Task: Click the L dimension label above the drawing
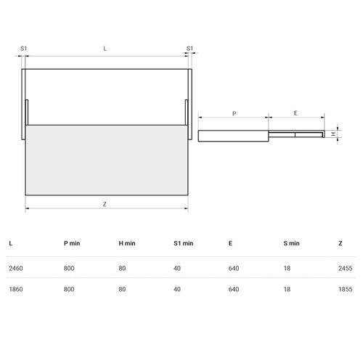click(105, 49)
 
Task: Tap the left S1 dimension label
click(23, 49)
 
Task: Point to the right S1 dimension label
click(189, 49)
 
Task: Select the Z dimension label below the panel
click(105, 204)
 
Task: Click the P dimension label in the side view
click(234, 113)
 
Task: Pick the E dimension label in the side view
click(295, 113)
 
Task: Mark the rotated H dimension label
click(334, 134)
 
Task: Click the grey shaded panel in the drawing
click(107, 160)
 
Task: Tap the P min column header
click(72, 243)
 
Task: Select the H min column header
click(127, 243)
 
